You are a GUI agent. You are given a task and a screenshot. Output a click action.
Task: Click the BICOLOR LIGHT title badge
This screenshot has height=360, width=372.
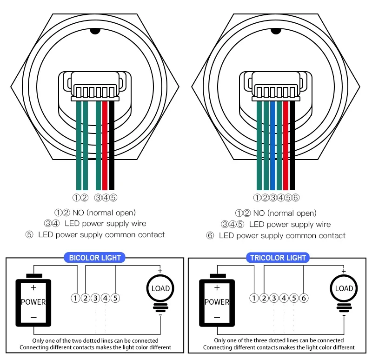coord(95,258)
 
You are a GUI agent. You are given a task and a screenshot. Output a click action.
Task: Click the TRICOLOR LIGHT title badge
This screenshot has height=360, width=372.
coord(278,258)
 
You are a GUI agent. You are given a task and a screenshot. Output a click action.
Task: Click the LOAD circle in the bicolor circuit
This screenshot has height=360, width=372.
coord(160,288)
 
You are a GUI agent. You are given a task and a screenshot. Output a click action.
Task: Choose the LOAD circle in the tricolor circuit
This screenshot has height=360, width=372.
coord(344,288)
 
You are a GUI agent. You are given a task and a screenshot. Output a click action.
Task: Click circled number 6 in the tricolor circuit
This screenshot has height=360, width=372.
coord(303,298)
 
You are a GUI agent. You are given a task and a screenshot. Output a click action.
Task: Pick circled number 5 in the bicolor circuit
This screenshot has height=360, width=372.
coord(115,298)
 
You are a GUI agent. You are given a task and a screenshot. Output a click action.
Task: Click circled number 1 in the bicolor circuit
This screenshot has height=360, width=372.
coord(76,298)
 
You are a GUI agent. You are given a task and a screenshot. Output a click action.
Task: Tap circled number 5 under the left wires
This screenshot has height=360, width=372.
coord(113,198)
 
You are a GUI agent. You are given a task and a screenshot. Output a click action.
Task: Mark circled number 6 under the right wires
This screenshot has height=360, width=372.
coord(296,198)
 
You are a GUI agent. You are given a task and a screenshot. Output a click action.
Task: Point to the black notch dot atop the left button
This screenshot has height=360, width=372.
coord(95,32)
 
